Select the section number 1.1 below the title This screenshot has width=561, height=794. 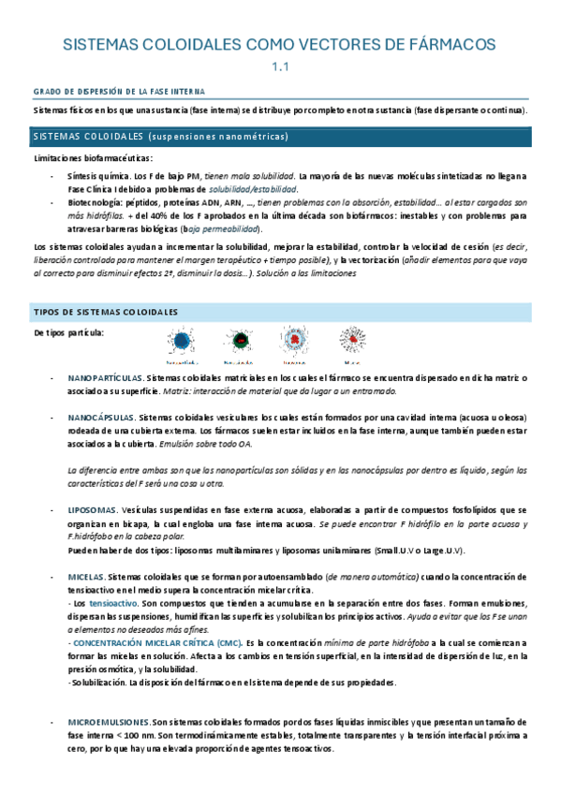tap(281, 67)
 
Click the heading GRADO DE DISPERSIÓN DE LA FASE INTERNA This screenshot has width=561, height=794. tap(120, 92)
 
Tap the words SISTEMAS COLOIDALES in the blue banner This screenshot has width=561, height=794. tap(86, 137)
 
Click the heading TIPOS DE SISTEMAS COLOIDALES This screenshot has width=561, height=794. tap(105, 312)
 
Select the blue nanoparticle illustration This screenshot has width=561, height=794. tap(181, 341)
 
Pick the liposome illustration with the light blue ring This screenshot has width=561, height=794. tap(295, 341)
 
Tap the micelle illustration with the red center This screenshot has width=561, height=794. tap(352, 341)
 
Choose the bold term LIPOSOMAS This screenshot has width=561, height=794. tap(92, 509)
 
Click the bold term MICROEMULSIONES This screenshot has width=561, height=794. tap(110, 723)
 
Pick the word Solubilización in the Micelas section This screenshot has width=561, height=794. tap(98, 683)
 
